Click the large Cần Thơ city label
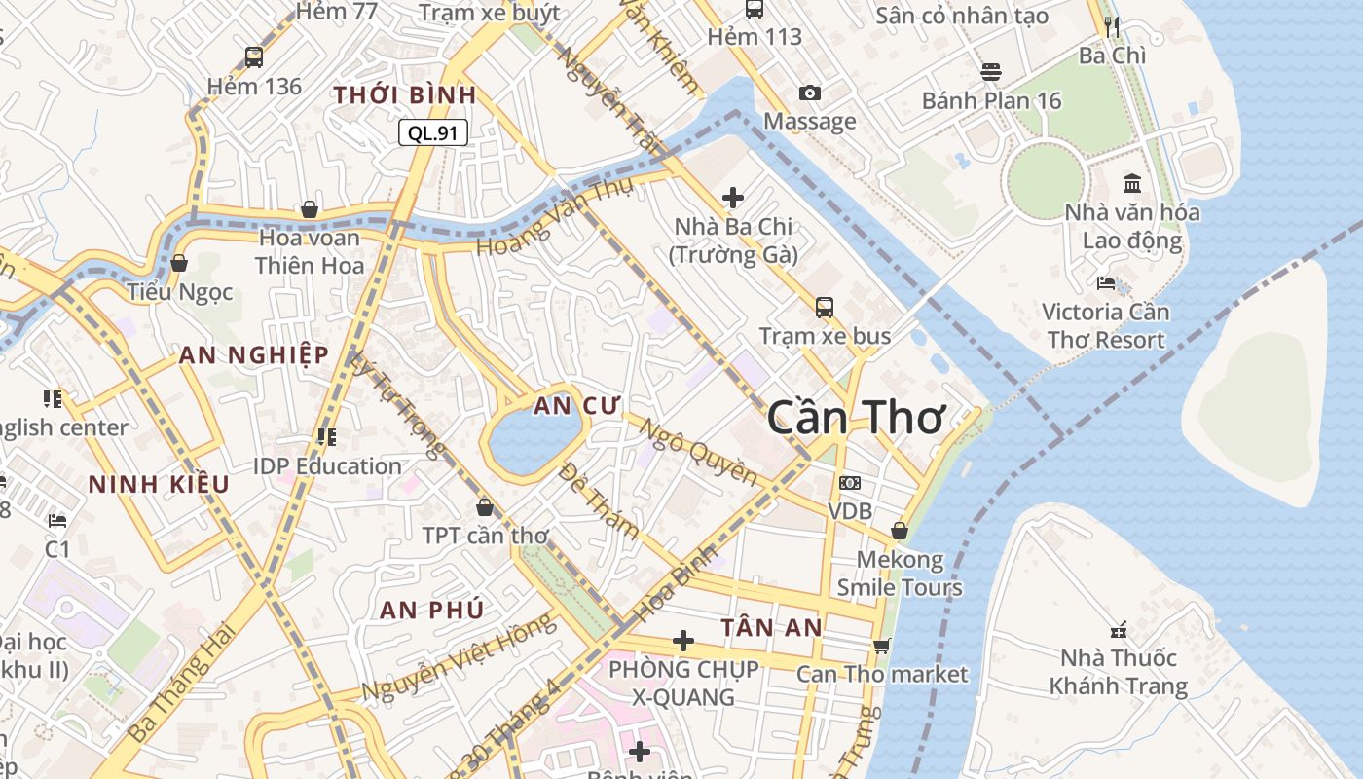point(856,418)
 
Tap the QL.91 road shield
point(433,133)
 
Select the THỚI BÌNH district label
point(405,95)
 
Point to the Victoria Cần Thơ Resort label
point(1105,325)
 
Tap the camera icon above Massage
point(809,93)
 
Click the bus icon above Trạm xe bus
point(825,308)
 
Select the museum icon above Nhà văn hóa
point(1132,183)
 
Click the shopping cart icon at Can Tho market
point(882,646)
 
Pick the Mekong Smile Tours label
point(900,574)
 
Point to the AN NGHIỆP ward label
point(254,355)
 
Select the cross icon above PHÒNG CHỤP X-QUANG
point(683,641)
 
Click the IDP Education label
point(327,465)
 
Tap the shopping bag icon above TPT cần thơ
point(485,507)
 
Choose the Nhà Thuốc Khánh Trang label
point(1119,672)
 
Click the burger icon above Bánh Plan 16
point(991,72)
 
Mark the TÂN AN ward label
point(771,628)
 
